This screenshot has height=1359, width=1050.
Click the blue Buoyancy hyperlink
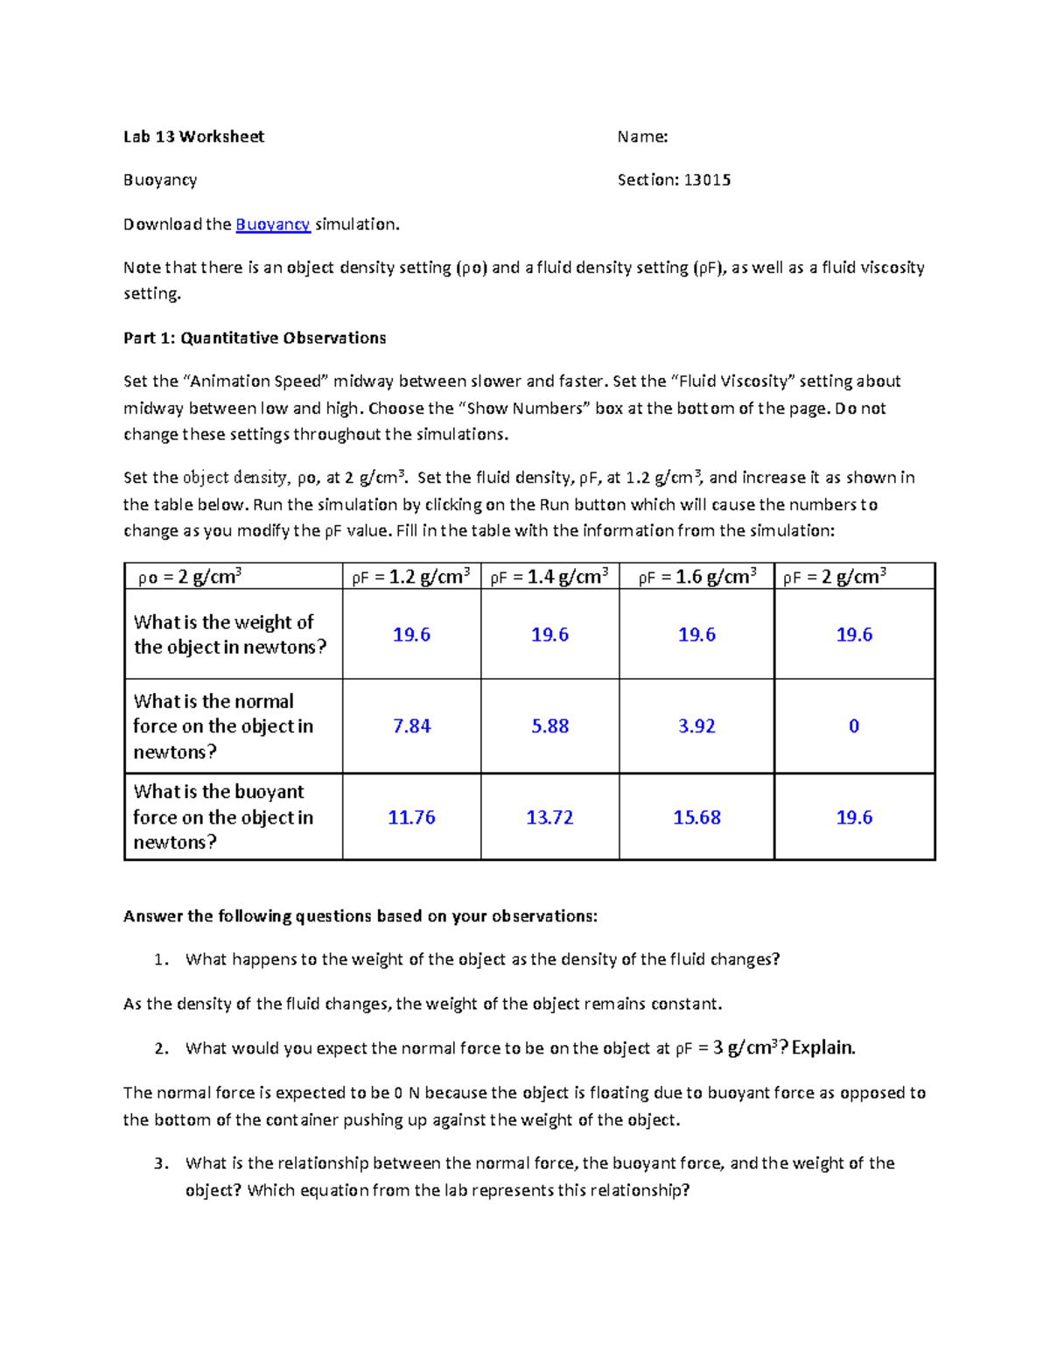[x=272, y=224]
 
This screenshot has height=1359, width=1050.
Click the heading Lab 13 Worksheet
[x=193, y=137]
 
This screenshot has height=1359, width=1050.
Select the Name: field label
[x=642, y=137]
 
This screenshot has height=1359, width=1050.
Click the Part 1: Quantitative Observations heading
[x=255, y=338]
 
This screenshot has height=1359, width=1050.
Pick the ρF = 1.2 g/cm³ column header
[x=411, y=577]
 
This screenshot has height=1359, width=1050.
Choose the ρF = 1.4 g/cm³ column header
[x=549, y=577]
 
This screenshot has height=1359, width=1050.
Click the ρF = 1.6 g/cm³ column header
[x=696, y=577]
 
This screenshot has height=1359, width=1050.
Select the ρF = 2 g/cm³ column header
[x=835, y=577]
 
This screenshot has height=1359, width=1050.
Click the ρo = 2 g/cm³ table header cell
[x=190, y=577]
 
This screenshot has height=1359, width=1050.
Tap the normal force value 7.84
[x=411, y=726]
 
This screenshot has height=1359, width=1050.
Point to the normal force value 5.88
[x=549, y=726]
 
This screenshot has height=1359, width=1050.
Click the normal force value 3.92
[x=696, y=726]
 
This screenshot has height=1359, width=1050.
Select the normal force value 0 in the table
[x=854, y=726]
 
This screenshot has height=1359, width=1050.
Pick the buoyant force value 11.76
[x=411, y=817]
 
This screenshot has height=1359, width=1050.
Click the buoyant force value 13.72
[x=549, y=817]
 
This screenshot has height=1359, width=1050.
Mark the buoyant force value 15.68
[x=696, y=817]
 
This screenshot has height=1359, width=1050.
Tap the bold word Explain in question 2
[x=822, y=1047]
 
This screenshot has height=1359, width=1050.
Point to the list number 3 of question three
[x=160, y=1164]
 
